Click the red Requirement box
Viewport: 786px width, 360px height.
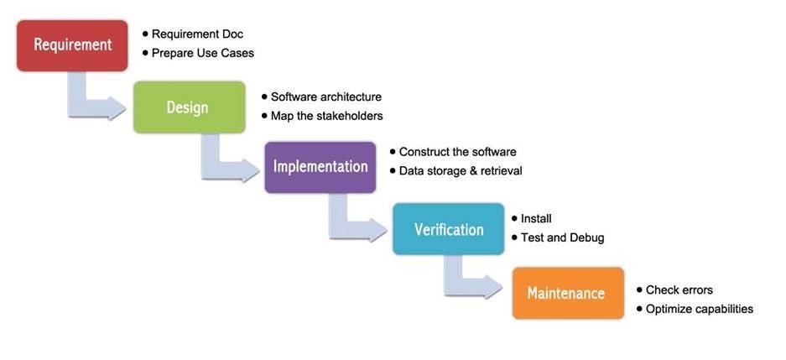pyautogui.click(x=72, y=45)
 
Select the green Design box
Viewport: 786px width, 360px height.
pyautogui.click(x=188, y=107)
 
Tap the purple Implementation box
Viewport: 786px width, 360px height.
pyautogui.click(x=320, y=166)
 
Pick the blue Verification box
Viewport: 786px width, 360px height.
pyautogui.click(x=448, y=229)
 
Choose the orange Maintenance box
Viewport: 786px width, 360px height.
pyautogui.click(x=567, y=293)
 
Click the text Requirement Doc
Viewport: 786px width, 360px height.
pyautogui.click(x=197, y=34)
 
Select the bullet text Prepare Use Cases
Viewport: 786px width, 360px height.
pyautogui.click(x=202, y=53)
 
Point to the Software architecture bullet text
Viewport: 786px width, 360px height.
pyautogui.click(x=325, y=97)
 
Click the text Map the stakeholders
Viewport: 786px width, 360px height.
pyautogui.click(x=326, y=116)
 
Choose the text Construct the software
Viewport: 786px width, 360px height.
pyautogui.click(x=457, y=152)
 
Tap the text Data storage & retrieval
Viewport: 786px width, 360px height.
pyautogui.click(x=460, y=170)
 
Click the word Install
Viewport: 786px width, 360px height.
pyautogui.click(x=536, y=219)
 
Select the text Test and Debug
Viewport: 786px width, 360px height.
pyautogui.click(x=562, y=237)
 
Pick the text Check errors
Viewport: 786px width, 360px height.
pyautogui.click(x=679, y=290)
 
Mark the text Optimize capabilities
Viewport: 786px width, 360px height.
pyautogui.click(x=699, y=309)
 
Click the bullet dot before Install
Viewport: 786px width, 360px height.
pyautogui.click(x=513, y=218)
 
